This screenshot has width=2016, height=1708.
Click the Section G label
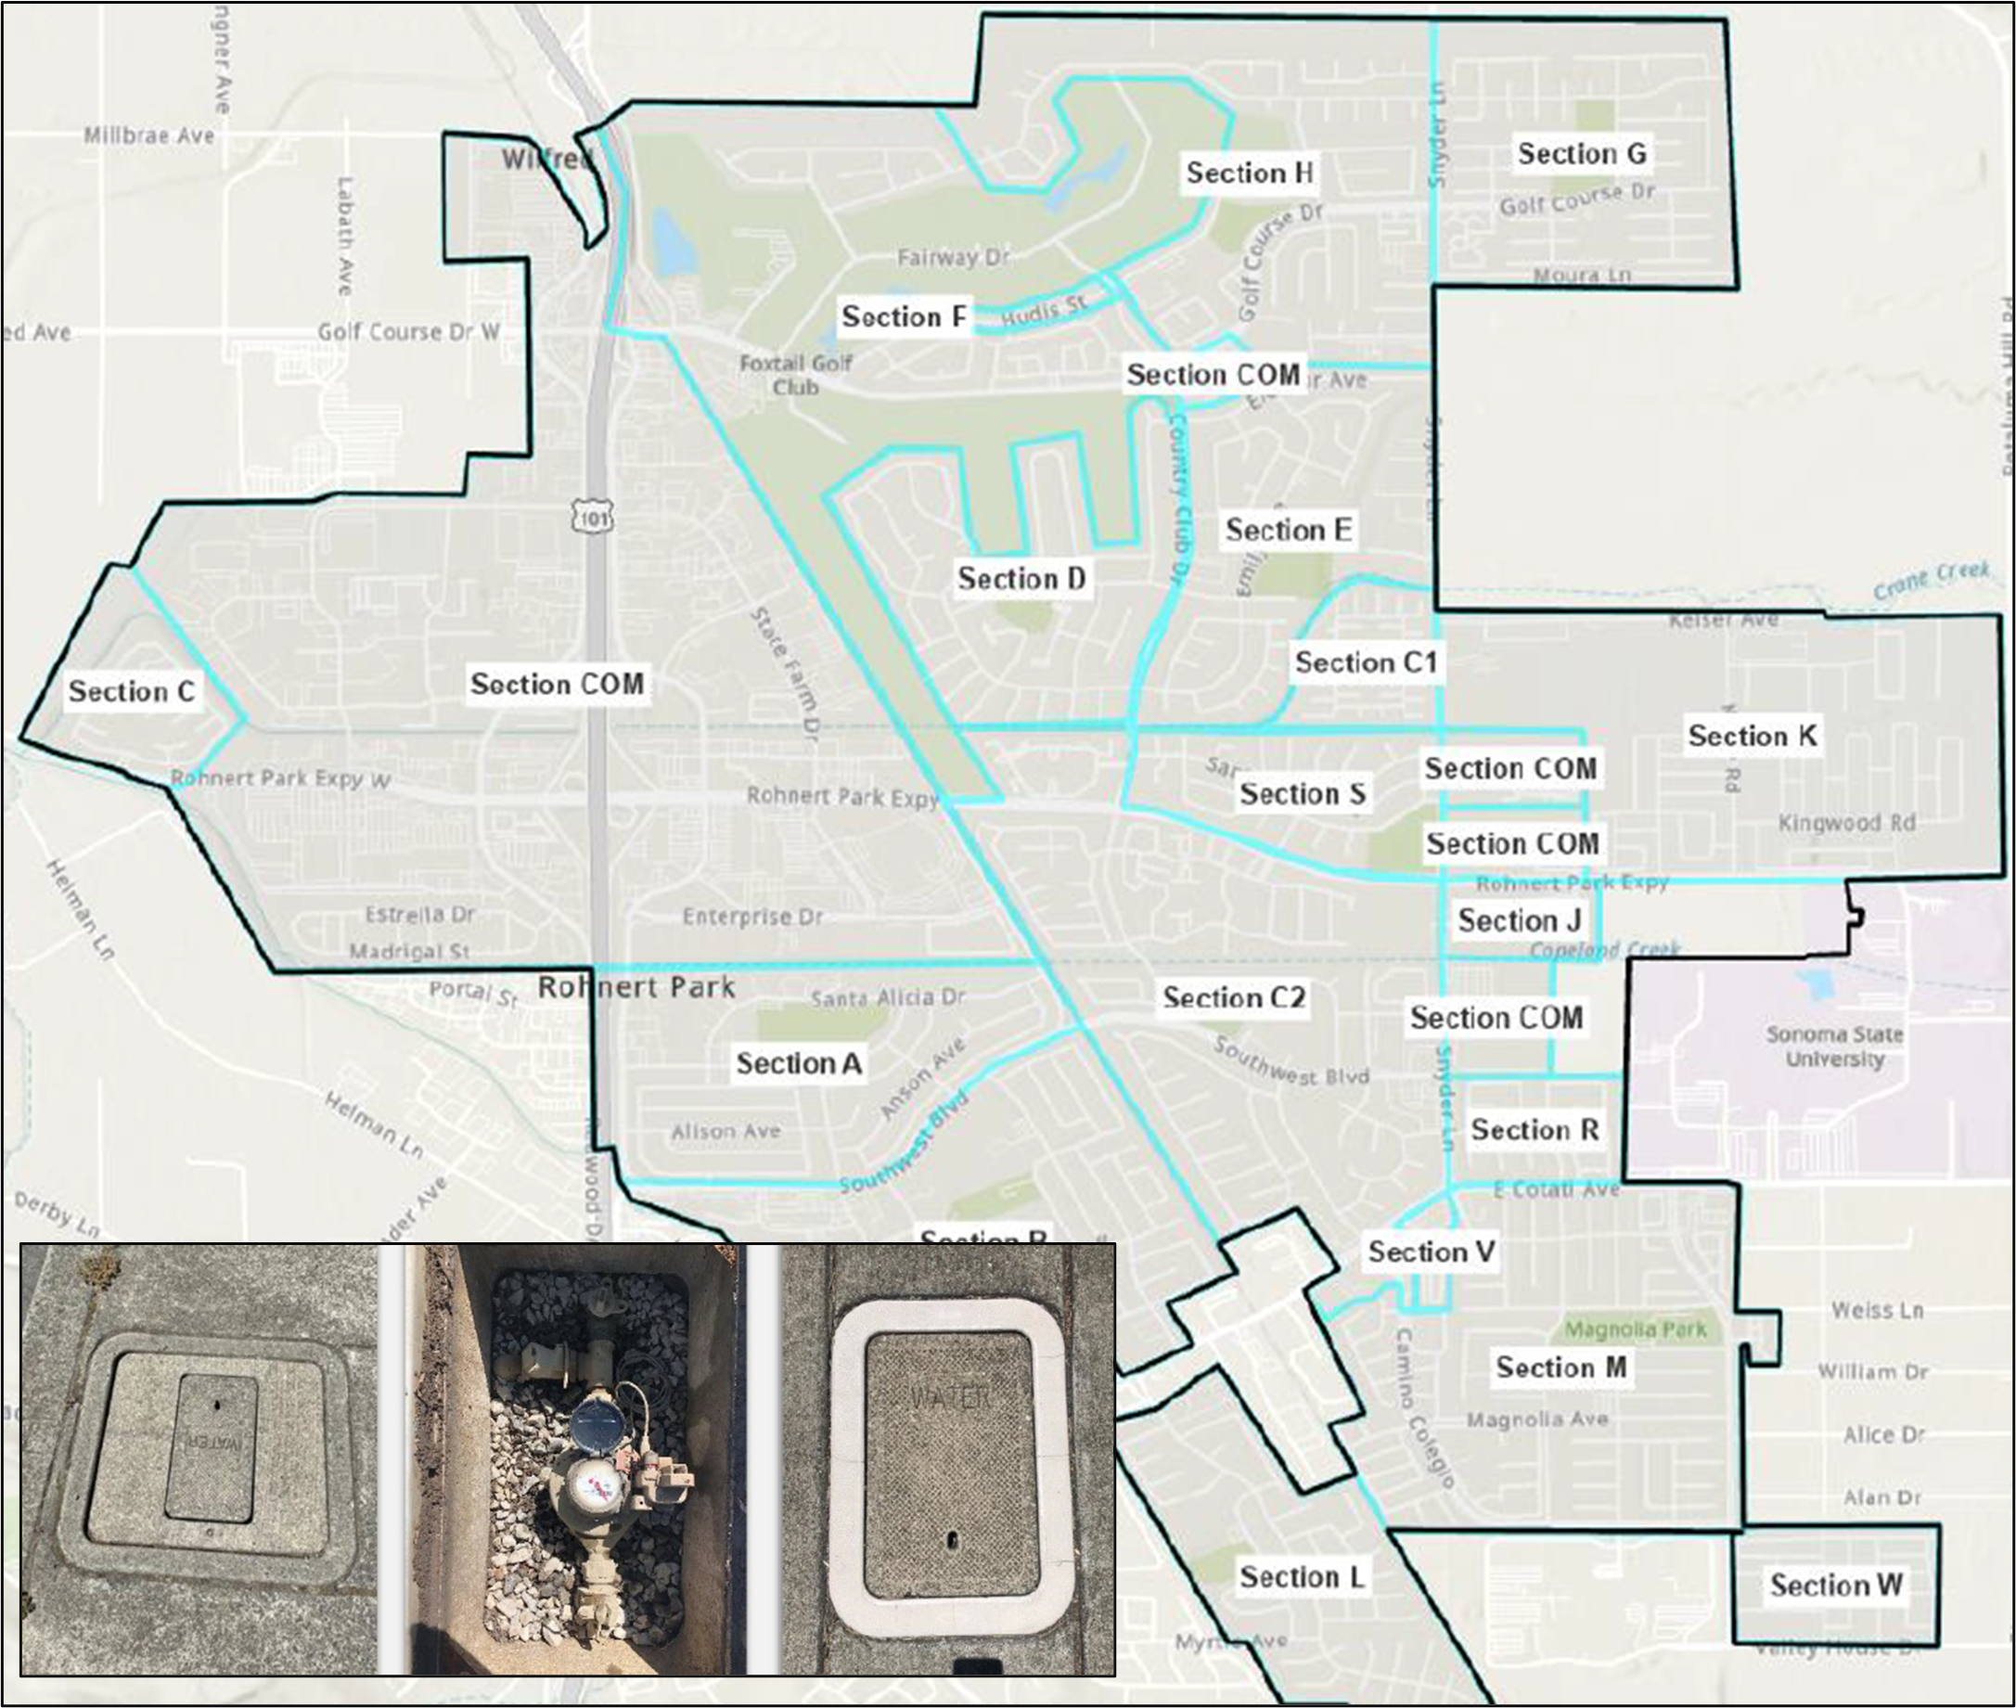[1581, 153]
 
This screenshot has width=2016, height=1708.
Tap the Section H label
[1249, 173]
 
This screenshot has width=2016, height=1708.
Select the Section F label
[904, 316]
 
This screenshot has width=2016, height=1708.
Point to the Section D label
[1021, 578]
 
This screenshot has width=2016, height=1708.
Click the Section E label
[1288, 530]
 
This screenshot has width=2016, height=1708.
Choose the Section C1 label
[1366, 662]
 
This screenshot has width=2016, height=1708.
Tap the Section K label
[1752, 736]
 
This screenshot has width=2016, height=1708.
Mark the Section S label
[1303, 794]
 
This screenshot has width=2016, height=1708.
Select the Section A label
[798, 1063]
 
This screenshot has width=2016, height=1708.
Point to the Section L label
[1302, 1576]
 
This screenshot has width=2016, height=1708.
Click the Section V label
[1432, 1251]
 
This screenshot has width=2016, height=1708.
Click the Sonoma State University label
[1834, 1046]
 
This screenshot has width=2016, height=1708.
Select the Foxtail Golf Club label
[795, 375]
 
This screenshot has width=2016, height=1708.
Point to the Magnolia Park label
[1636, 1329]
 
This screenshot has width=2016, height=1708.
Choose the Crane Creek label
[1930, 580]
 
